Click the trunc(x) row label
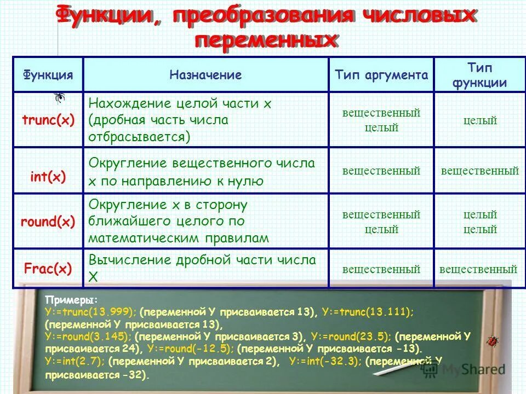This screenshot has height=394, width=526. coord(48,120)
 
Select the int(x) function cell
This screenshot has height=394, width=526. coord(48,176)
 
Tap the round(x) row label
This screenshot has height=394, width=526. coord(48,222)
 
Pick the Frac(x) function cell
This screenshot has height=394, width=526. coord(48,268)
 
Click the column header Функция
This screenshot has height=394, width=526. coord(48,75)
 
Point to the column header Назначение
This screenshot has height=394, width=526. coord(205,75)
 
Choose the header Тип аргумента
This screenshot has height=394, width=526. coord(381,75)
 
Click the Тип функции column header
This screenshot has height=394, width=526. coord(479,75)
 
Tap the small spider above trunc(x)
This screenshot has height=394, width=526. coord(60,98)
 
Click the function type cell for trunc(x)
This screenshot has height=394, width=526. coord(479,120)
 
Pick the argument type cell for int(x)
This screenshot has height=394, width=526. coord(381,171)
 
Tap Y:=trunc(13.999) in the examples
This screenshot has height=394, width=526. coord(91,312)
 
